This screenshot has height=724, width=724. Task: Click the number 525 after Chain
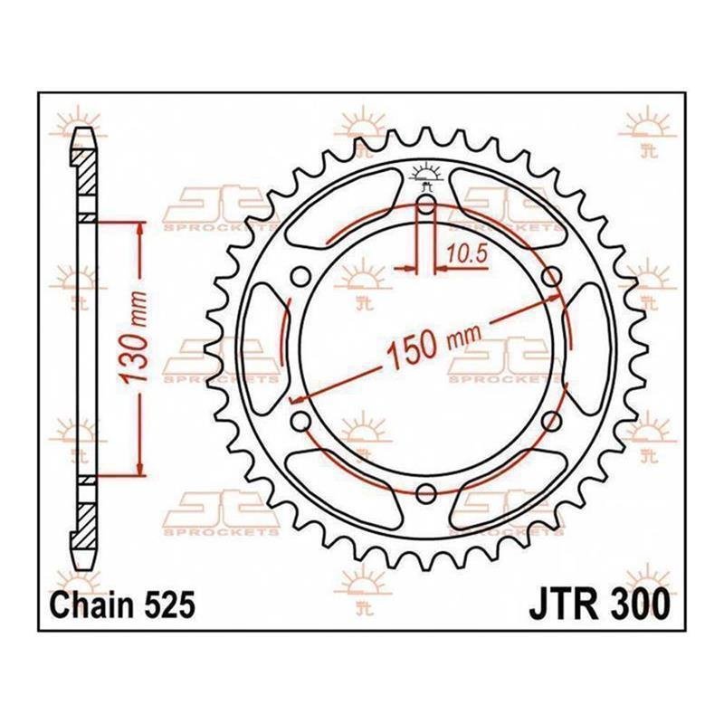coord(169,605)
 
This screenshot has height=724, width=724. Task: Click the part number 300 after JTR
coord(641,605)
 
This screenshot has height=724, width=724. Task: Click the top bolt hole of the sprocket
coord(425,205)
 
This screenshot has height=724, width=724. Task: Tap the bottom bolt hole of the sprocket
coord(425,493)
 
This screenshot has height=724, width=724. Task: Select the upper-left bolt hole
coord(300,276)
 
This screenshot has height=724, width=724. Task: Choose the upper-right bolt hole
coord(551,277)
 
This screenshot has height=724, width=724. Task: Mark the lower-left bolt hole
coord(300,421)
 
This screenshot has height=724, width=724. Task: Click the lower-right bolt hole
coord(551,421)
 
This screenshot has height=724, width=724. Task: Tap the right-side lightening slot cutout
coord(587,349)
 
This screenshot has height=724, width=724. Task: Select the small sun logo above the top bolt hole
coord(425,175)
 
